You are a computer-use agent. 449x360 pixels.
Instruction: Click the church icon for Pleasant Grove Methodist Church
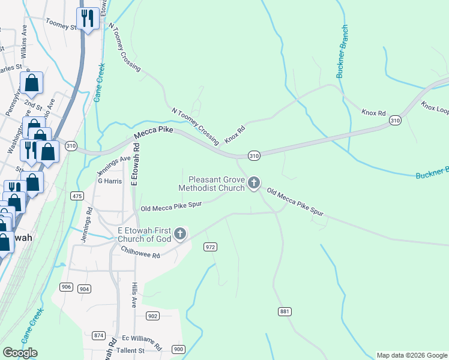254,183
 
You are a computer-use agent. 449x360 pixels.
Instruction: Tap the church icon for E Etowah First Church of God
179,234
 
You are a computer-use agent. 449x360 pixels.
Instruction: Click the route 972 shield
210,247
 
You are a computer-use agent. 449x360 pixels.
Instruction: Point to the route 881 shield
285,311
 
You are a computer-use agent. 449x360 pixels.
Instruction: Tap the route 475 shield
77,196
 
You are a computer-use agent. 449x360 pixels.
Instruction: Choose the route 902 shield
152,316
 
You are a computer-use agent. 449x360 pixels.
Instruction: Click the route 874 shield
99,335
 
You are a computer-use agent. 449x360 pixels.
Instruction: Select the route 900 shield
178,349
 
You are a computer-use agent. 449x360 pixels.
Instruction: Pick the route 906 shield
66,287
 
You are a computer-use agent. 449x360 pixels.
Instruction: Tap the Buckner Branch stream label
343,52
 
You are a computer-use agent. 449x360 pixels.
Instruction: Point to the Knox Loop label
435,108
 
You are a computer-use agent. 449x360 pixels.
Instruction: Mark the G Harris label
110,181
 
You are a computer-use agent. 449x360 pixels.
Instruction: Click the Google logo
20,353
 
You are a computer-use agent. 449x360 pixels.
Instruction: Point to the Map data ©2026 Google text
411,355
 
